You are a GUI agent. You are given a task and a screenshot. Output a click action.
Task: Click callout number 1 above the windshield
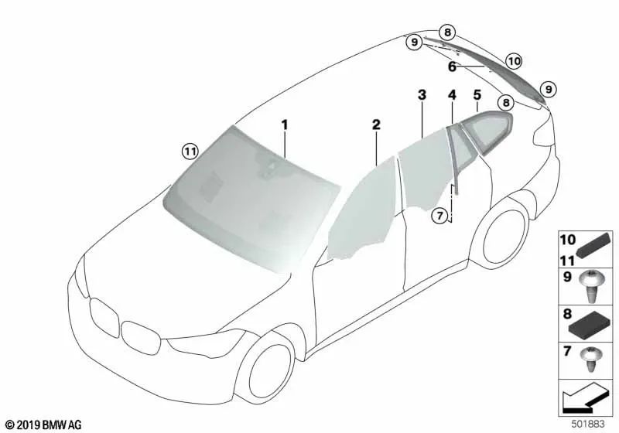click(x=284, y=124)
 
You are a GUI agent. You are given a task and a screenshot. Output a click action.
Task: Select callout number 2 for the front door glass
click(x=376, y=124)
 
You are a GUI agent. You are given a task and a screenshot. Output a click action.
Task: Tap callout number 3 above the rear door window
click(x=422, y=95)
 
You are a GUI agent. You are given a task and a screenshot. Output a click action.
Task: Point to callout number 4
click(x=452, y=95)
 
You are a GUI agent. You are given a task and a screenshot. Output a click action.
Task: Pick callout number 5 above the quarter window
click(x=477, y=95)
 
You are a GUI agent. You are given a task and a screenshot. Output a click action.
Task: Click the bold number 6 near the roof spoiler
click(x=452, y=67)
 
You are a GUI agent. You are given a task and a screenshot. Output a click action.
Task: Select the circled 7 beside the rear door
click(x=439, y=215)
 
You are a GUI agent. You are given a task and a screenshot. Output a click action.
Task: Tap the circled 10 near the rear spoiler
click(x=514, y=60)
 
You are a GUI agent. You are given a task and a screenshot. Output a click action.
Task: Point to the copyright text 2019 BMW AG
click(x=43, y=424)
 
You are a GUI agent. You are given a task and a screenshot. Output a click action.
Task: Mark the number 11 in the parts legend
click(x=567, y=260)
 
